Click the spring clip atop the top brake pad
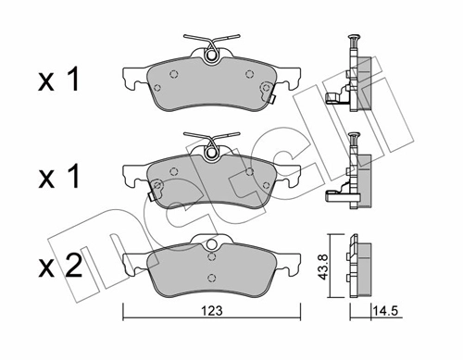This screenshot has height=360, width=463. coord(212,50)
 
